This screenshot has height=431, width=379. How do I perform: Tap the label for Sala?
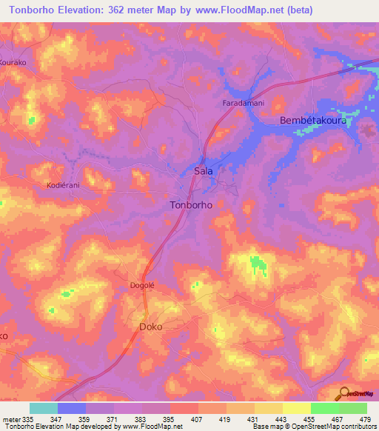pos(204,170)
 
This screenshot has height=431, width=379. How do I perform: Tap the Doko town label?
pos(151,326)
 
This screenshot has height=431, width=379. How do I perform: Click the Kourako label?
pos(13,63)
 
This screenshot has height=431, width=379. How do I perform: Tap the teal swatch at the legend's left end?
pos(44,408)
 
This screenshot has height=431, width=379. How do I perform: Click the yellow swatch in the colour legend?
pos(296,408)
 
